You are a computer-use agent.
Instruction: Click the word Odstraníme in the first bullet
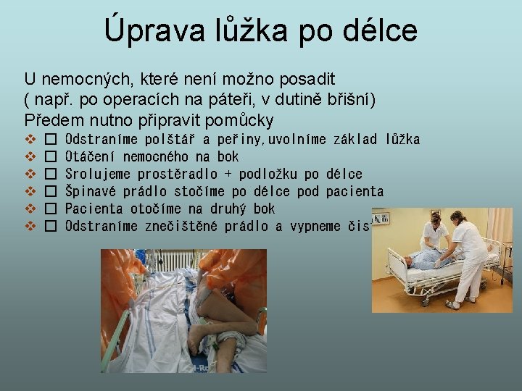coord(101,139)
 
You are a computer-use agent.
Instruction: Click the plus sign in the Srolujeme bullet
coord(229,174)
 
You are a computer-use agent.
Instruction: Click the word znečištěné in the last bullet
coord(182,226)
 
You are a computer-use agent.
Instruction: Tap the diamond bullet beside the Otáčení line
coord(30,156)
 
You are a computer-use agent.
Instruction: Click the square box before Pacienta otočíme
coord(50,209)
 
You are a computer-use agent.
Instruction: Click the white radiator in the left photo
coord(175,262)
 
